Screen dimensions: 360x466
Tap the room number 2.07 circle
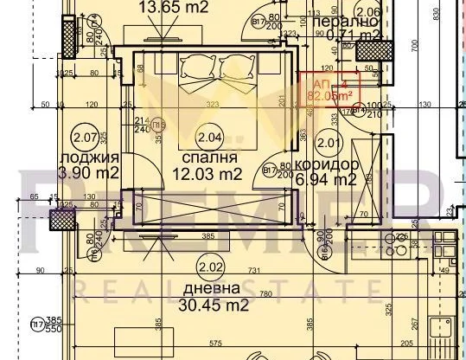click(x=84, y=135)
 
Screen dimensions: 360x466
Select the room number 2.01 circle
click(x=326, y=142)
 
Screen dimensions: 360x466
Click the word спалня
click(x=210, y=158)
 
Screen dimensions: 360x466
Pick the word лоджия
click(x=84, y=157)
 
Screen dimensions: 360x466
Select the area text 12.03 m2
click(x=210, y=175)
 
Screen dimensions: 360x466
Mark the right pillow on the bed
click(x=234, y=68)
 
